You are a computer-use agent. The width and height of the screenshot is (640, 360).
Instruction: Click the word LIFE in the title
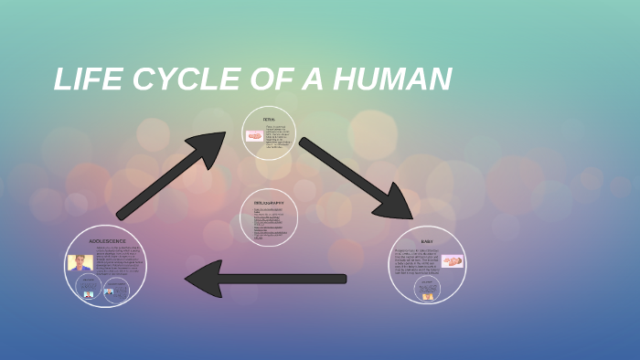pos(88,80)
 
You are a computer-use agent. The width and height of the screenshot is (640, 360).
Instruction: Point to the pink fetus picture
pos(254,136)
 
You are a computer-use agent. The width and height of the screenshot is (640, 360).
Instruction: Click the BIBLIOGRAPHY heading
pos(269,203)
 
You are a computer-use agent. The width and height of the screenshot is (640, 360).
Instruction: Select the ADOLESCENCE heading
pos(107,240)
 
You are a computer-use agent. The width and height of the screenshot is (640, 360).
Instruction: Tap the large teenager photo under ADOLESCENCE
pos(80,262)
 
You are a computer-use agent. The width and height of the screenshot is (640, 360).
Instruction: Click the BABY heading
pos(427,241)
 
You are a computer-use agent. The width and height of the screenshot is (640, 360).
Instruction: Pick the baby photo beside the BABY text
pos(452,261)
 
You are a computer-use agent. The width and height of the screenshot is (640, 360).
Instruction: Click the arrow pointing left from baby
pos(265,279)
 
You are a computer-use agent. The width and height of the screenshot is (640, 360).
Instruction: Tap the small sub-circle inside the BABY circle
pos(427,289)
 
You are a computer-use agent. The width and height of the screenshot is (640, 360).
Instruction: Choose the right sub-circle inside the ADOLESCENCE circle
pos(116,290)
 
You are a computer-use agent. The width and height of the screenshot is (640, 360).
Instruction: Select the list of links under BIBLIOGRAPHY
pos(269,223)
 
